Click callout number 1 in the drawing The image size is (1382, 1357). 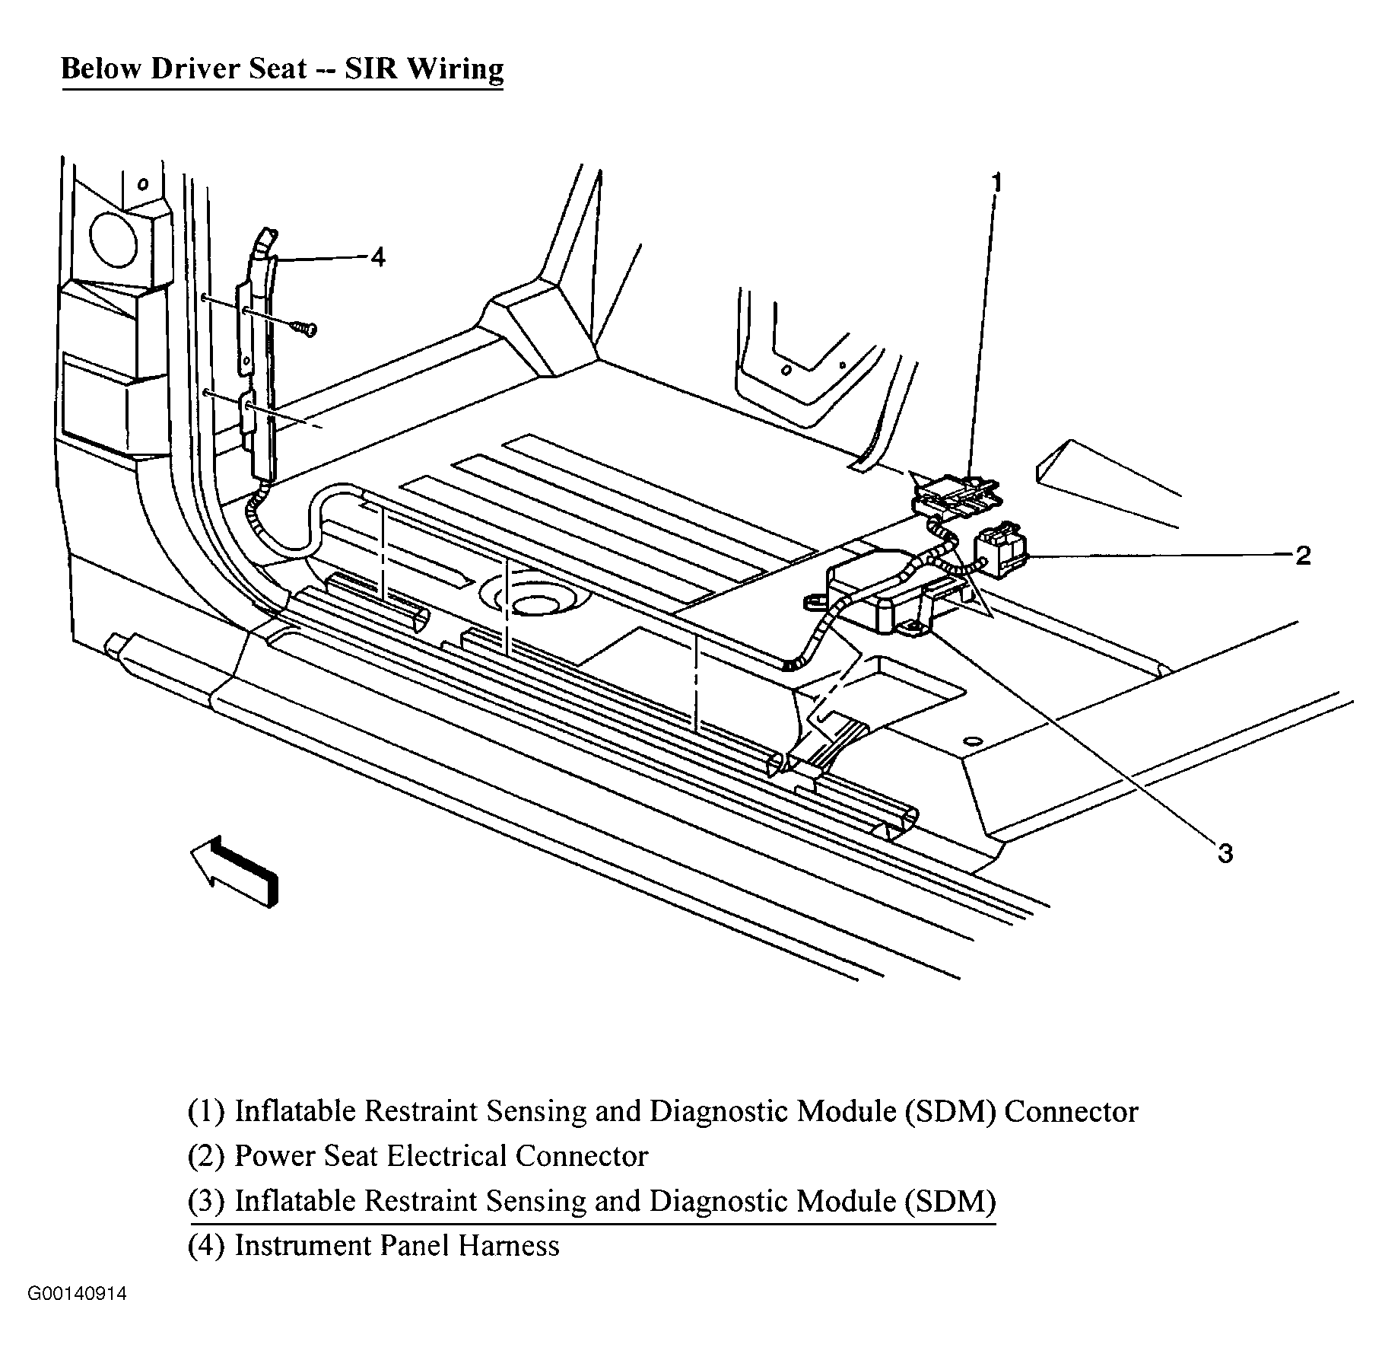995,184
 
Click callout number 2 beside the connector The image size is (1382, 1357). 1303,556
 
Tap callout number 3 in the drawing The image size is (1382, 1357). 1225,854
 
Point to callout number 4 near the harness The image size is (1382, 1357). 376,258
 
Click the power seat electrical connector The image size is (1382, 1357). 999,546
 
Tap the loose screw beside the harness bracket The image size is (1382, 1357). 305,328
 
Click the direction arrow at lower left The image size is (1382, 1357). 234,870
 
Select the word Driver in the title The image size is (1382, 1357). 195,68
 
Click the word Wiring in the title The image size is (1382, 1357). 455,68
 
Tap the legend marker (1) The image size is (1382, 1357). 205,1111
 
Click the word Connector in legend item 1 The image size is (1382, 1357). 1070,1111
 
